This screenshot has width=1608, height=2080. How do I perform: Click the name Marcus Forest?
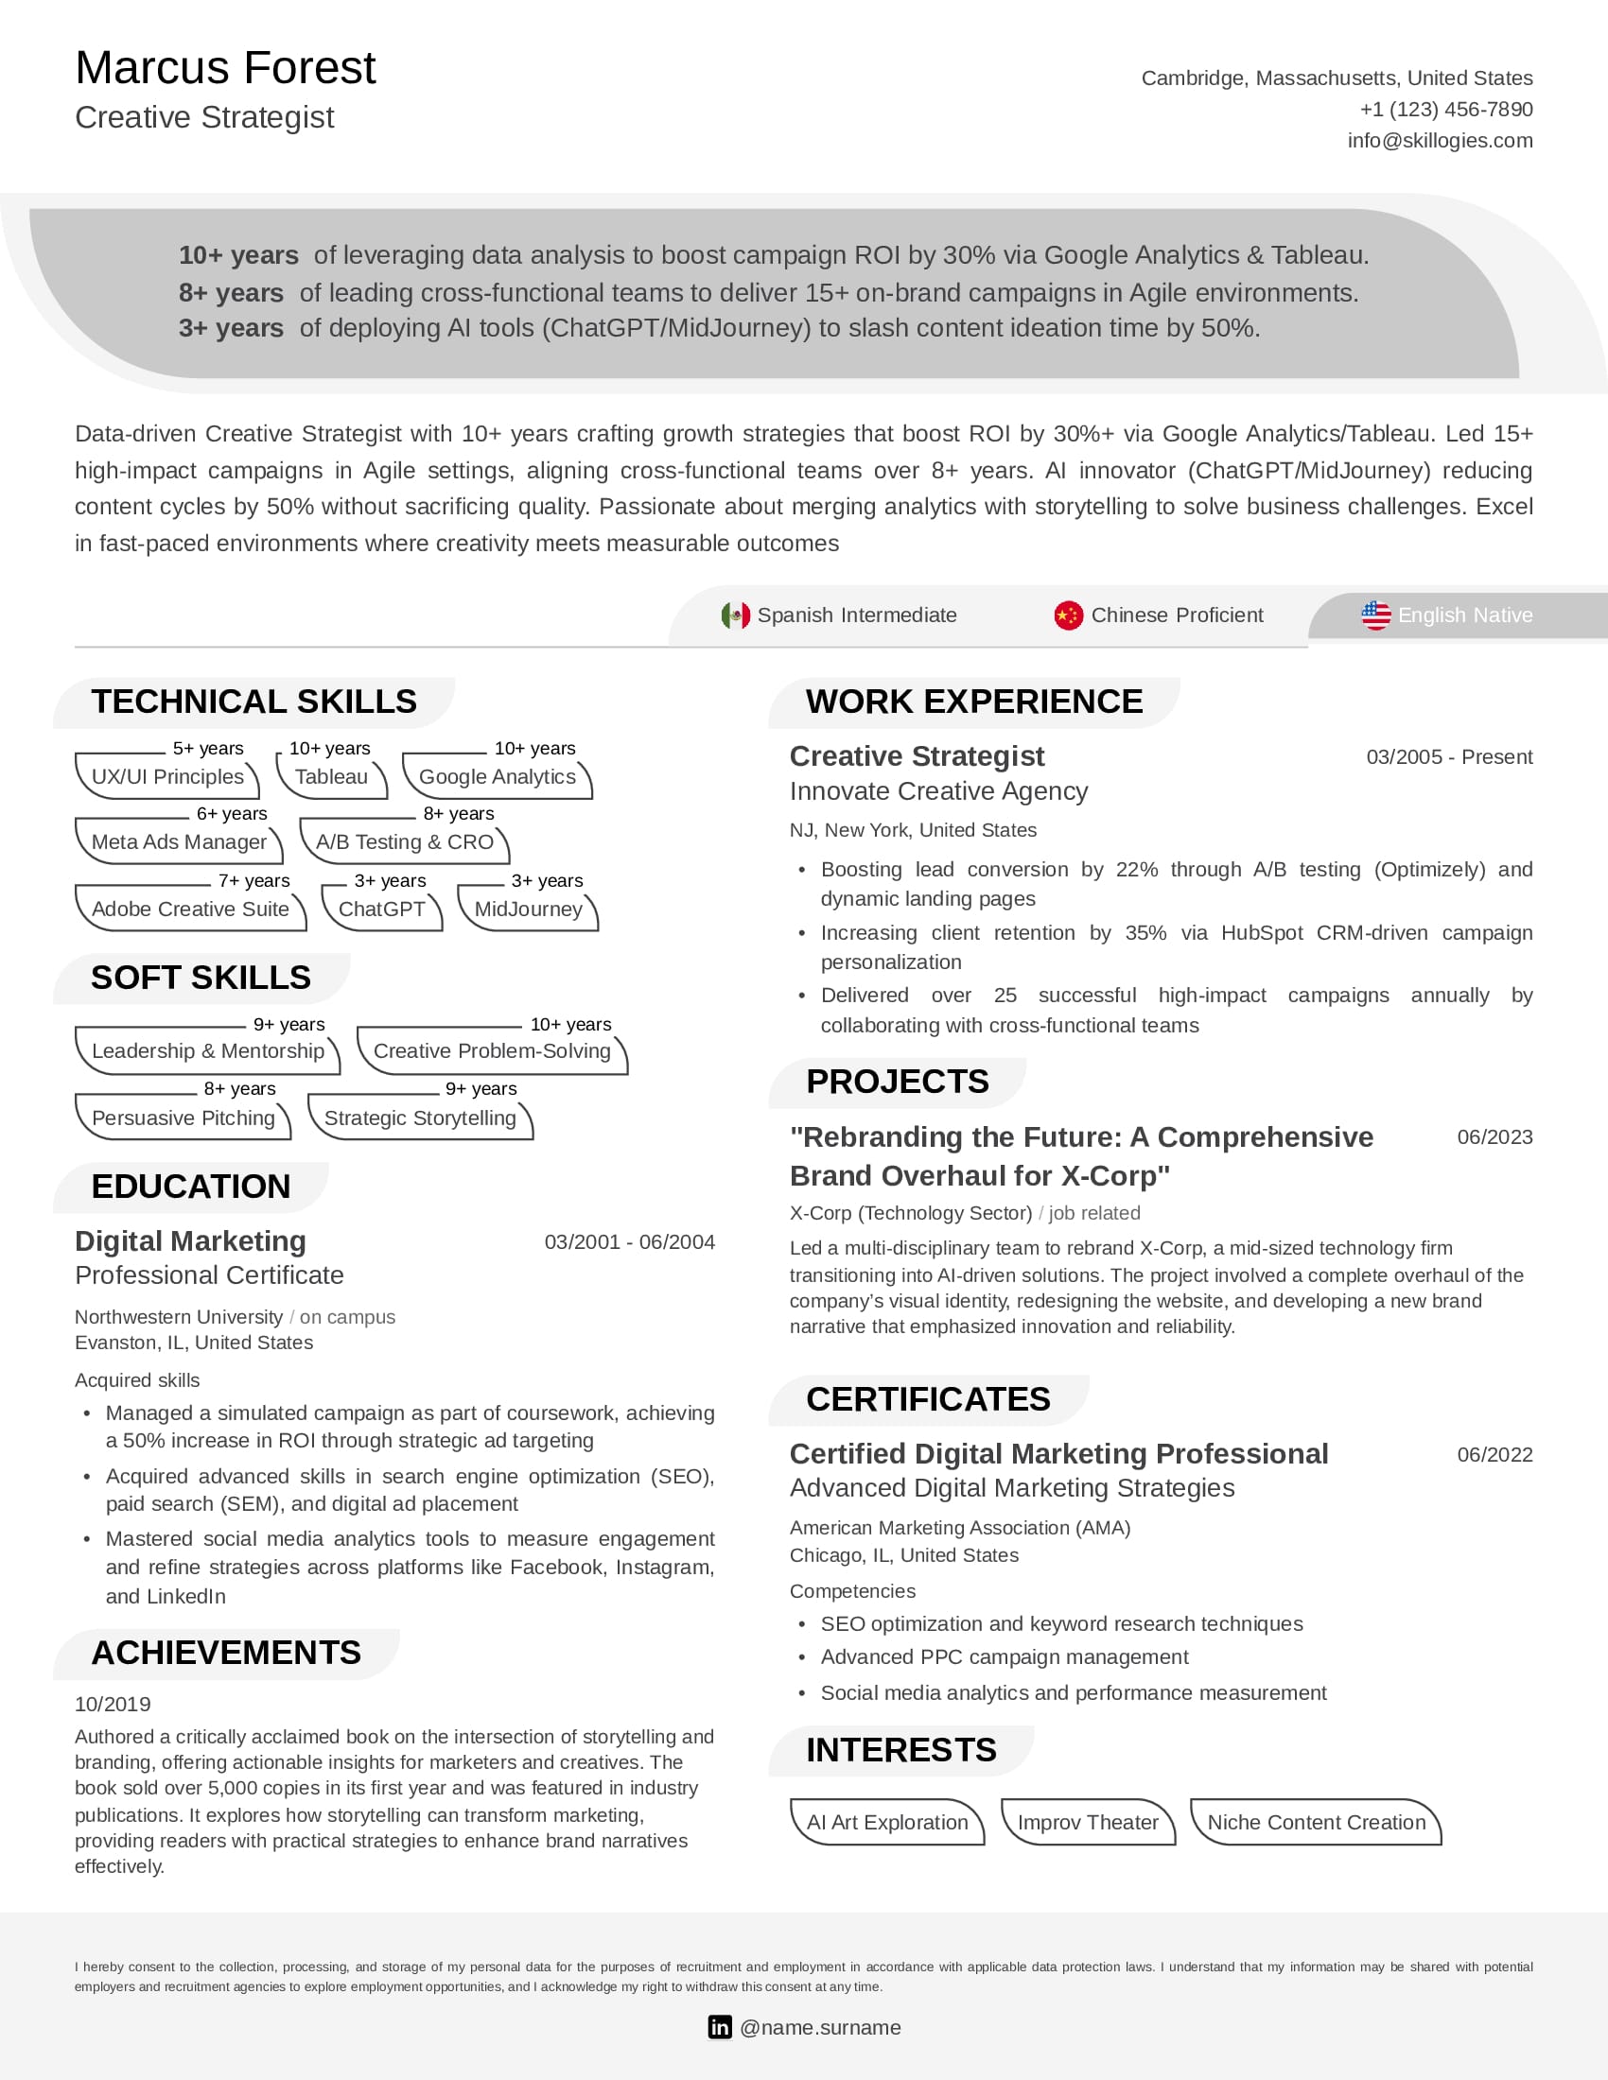coord(225,69)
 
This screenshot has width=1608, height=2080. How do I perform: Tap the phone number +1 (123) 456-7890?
coord(1445,110)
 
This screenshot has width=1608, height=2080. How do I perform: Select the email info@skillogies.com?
coord(1439,141)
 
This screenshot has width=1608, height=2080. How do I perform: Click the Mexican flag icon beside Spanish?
coord(735,615)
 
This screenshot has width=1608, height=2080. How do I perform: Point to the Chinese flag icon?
coord(1068,615)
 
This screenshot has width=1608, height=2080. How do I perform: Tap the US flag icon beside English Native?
coord(1374,615)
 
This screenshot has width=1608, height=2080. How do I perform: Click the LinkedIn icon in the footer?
coord(719,2028)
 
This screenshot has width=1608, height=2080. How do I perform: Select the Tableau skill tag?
coord(330,777)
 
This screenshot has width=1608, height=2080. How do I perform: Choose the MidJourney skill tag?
coord(528,910)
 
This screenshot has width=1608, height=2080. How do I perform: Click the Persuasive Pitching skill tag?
coord(183,1118)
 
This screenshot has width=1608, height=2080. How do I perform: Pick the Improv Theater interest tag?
coord(1087,1823)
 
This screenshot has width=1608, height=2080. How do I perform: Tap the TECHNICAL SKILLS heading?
coord(253,702)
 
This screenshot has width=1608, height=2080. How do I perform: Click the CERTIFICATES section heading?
coord(927,1400)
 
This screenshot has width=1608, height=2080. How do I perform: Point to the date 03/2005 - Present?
coord(1448,757)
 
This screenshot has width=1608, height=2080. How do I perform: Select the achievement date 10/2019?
coord(113,1705)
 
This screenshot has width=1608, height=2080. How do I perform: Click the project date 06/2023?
coord(1494,1137)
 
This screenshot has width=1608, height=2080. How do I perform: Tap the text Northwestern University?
coord(178,1317)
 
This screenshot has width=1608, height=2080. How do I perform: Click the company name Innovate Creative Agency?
coord(937,791)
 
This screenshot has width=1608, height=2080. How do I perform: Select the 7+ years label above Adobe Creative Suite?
coord(253,881)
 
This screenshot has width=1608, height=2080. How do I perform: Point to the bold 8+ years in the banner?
coord(231,293)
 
